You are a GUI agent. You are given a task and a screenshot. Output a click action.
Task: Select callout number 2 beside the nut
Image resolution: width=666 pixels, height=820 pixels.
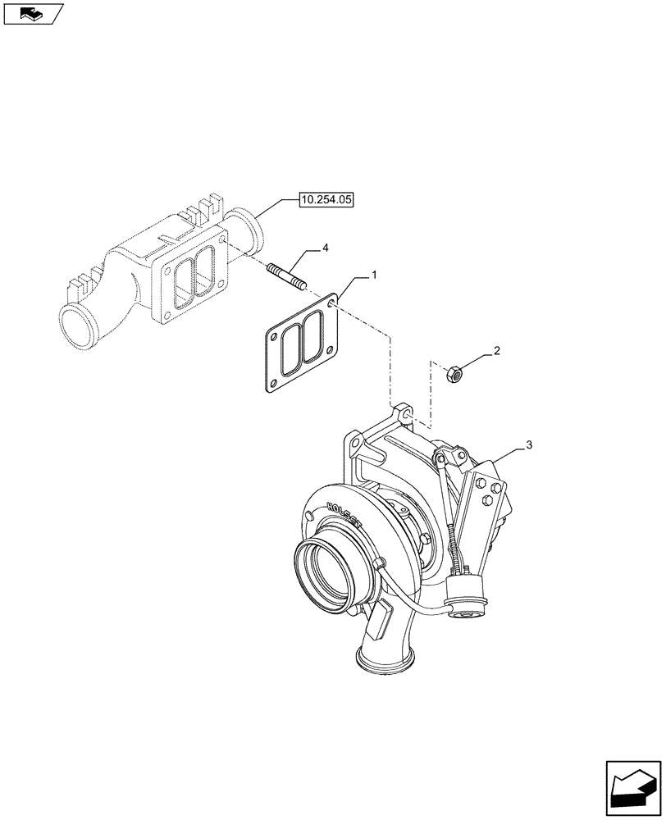[x=495, y=351]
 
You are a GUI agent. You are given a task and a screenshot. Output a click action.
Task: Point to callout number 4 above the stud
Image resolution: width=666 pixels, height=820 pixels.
[x=326, y=246]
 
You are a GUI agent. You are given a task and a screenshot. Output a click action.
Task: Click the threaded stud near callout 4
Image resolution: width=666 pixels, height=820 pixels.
[x=286, y=276]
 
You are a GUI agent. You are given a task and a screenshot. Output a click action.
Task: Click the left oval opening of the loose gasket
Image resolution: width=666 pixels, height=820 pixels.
[x=289, y=352]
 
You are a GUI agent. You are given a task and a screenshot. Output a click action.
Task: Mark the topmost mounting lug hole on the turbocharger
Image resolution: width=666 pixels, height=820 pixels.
[x=403, y=413]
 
